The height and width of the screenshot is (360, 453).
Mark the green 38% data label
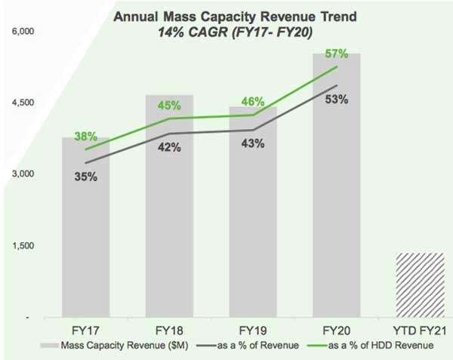pos(85,137)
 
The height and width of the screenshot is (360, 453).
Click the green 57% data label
pos(337,54)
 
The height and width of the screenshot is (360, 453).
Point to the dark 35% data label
pos(85,177)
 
